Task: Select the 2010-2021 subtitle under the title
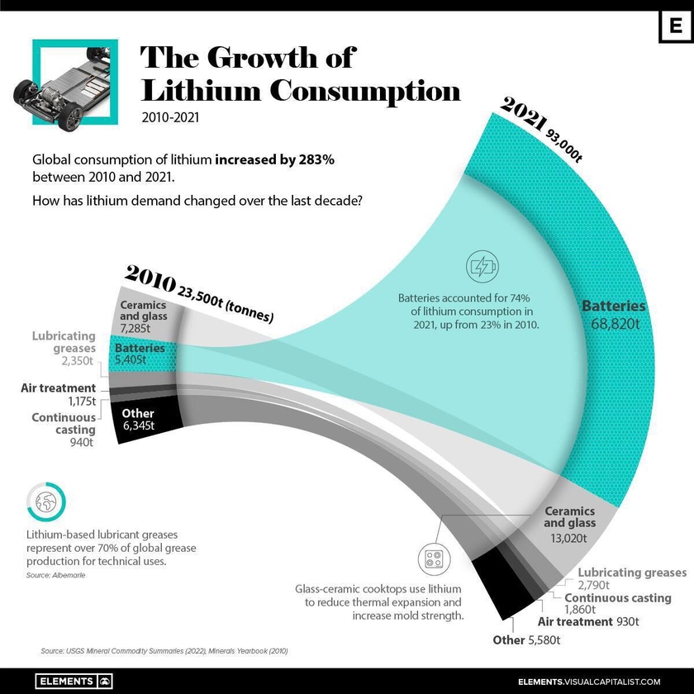pyautogui.click(x=169, y=116)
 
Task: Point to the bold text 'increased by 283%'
pyautogui.click(x=275, y=159)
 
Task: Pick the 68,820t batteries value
pyautogui.click(x=614, y=324)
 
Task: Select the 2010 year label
pyautogui.click(x=150, y=278)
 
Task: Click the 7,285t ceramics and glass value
pyautogui.click(x=144, y=328)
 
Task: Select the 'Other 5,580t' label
pyautogui.click(x=526, y=639)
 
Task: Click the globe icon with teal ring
pyautogui.click(x=46, y=501)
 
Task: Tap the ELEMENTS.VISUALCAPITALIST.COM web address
pyautogui.click(x=589, y=681)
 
